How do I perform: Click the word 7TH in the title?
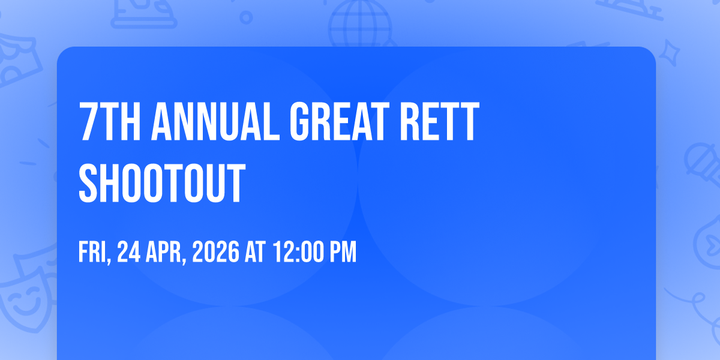coord(110,121)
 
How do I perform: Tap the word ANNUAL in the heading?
coord(215,121)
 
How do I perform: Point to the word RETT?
coord(439,121)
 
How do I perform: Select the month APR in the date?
coord(166,253)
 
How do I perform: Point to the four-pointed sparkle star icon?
coord(670,53)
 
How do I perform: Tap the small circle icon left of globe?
coord(246,17)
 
